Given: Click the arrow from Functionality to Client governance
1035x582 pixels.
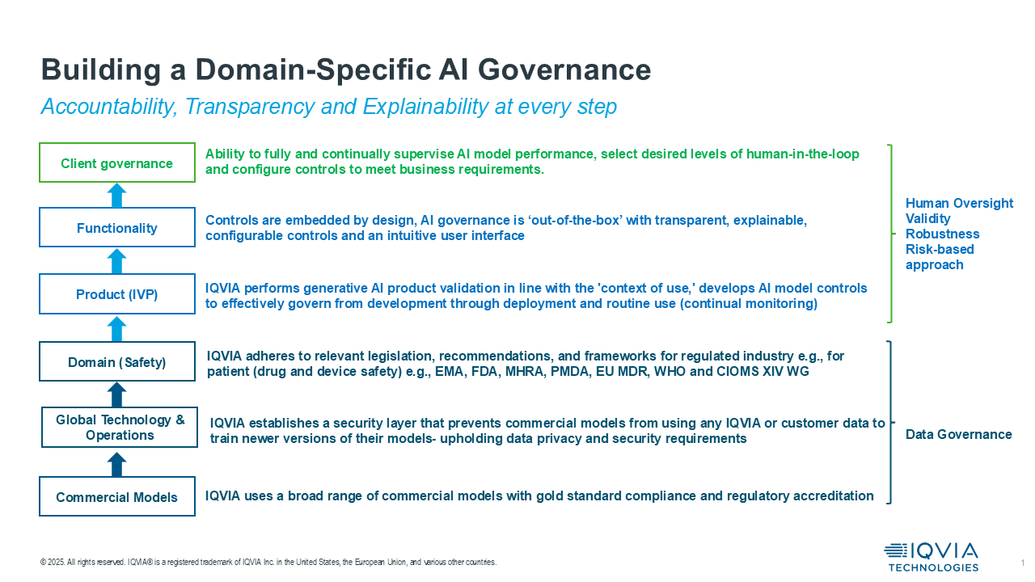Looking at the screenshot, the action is (117, 195).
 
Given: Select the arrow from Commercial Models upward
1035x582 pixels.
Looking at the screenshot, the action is (117, 464).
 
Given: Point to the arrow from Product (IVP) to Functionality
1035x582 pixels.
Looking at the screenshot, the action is (117, 261).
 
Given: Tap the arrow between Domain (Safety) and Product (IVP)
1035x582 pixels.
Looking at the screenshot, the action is (117, 329).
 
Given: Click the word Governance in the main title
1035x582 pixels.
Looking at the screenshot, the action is (564, 70).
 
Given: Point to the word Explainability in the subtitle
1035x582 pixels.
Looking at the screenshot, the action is (425, 107).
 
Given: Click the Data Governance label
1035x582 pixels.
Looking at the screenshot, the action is (958, 434).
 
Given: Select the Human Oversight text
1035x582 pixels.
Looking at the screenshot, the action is (959, 203).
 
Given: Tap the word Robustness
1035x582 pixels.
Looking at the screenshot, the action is (942, 234).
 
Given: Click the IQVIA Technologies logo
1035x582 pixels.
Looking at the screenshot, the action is (931, 557).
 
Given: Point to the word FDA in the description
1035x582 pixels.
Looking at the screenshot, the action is (484, 371).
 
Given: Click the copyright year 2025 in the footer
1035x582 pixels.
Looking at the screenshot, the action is (56, 562).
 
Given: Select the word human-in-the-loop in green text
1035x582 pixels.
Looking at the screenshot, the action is (803, 154).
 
